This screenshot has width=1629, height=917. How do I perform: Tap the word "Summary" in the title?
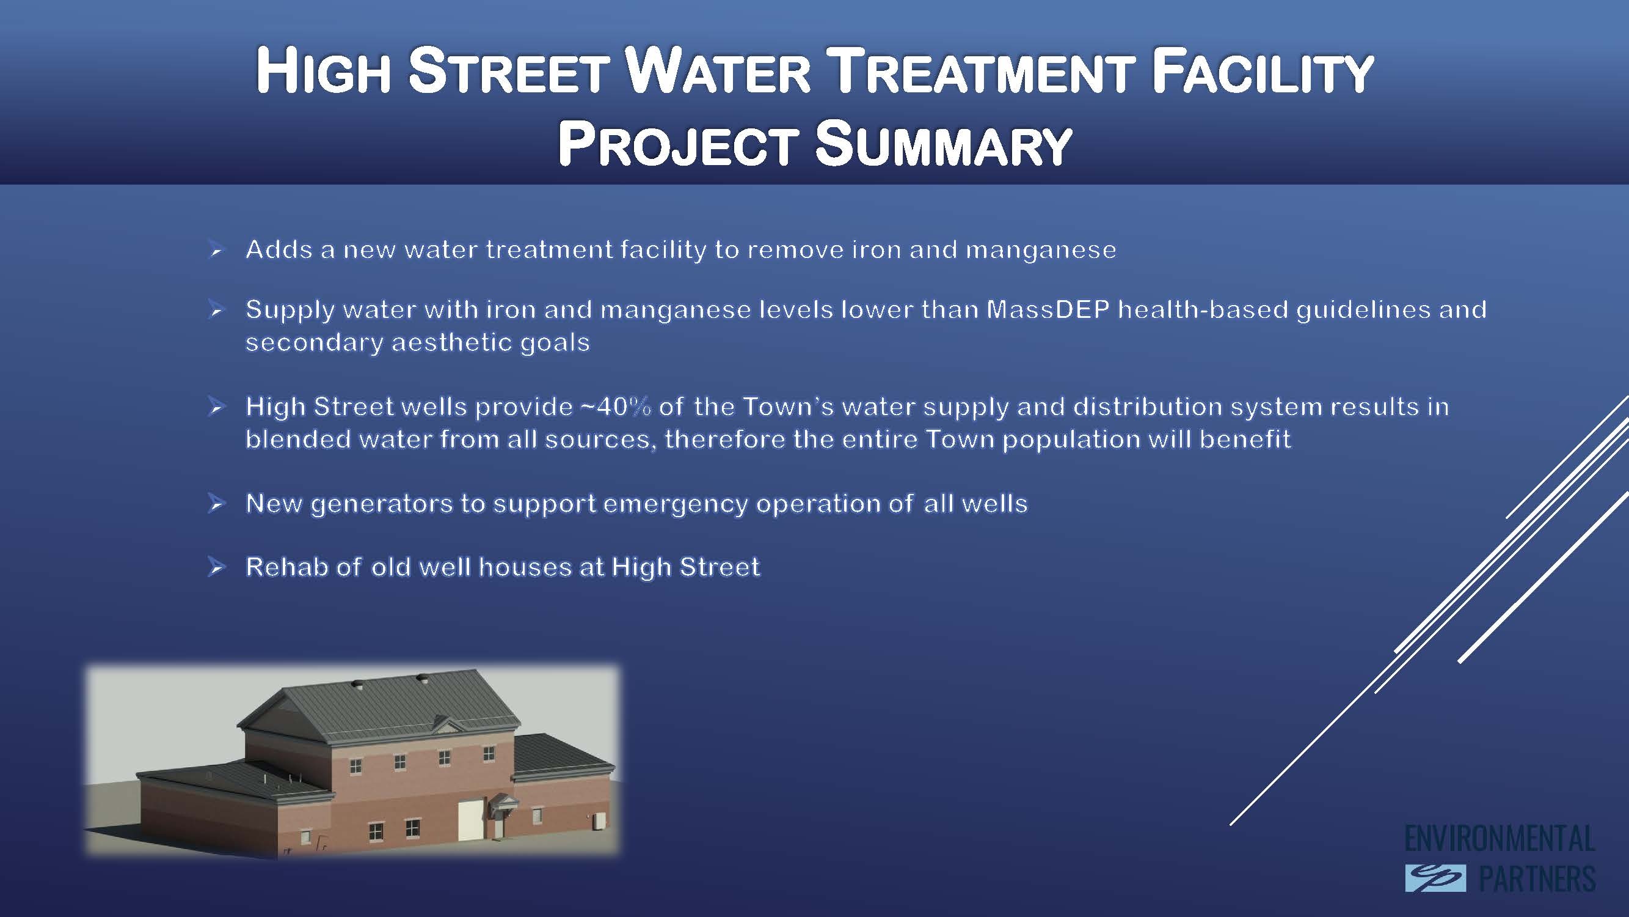tap(943, 145)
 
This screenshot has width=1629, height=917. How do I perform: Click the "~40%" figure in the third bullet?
tap(616, 407)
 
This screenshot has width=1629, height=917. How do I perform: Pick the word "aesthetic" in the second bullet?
tap(451, 342)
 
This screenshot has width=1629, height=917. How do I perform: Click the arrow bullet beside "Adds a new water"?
tap(216, 250)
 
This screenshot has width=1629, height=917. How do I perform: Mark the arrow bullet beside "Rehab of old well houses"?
tap(216, 567)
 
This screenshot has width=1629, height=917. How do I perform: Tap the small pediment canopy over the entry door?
tap(504, 802)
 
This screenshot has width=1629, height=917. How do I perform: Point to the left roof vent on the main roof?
tap(359, 684)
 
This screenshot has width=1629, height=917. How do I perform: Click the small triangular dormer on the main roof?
tap(448, 726)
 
